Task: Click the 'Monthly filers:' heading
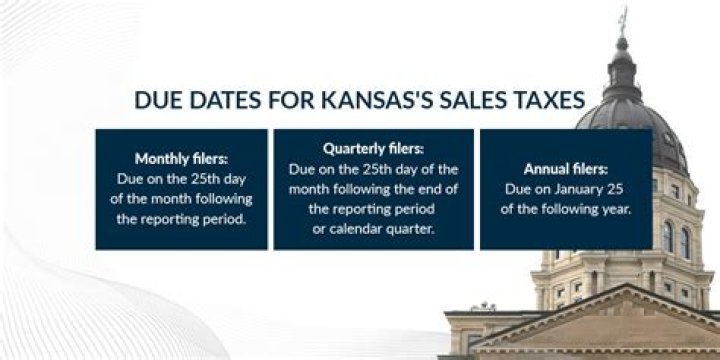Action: coord(181,157)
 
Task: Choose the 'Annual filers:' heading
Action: coord(566,168)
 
